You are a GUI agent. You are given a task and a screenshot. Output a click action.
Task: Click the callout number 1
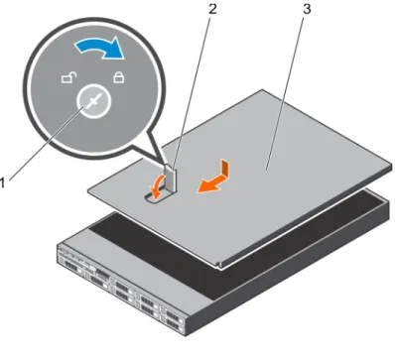click(x=3, y=182)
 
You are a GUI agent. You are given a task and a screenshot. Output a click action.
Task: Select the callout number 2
click(x=212, y=9)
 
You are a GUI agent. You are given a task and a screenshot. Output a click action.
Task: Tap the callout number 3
click(x=307, y=9)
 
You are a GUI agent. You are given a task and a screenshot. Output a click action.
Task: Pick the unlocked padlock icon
click(x=69, y=78)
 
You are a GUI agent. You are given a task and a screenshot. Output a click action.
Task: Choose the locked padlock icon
click(x=119, y=77)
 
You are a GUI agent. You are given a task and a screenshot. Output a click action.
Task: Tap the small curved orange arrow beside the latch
click(x=155, y=185)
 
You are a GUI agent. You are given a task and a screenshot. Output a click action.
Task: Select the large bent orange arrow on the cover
click(x=216, y=178)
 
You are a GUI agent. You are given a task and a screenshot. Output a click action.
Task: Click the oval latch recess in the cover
click(x=157, y=197)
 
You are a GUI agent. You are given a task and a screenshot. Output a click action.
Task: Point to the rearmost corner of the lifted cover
click(x=263, y=90)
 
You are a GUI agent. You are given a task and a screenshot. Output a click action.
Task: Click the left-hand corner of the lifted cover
click(x=88, y=189)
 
